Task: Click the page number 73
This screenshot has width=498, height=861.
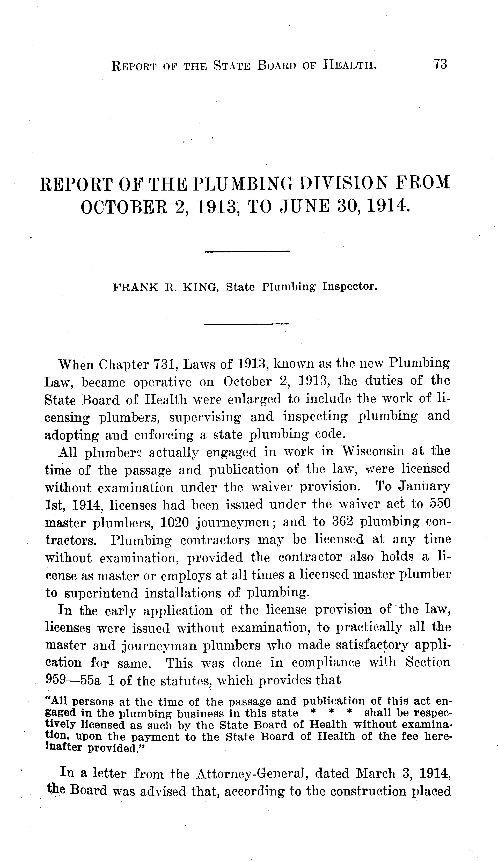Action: [440, 64]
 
